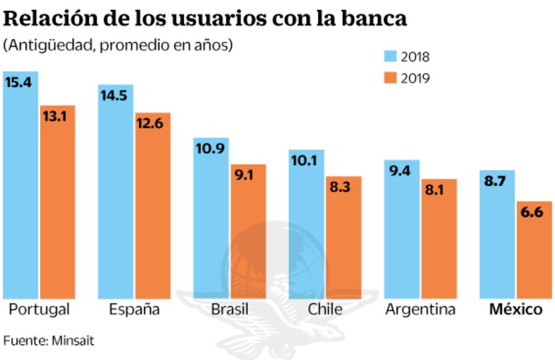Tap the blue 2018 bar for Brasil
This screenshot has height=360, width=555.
(x=211, y=221)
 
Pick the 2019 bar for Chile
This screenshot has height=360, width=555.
(x=343, y=238)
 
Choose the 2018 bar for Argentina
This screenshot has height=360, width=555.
(x=402, y=232)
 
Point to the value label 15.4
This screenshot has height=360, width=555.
(x=18, y=82)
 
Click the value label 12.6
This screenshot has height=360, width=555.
(x=150, y=123)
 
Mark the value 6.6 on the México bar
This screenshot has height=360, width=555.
(x=532, y=212)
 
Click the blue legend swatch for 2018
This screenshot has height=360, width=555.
(x=389, y=56)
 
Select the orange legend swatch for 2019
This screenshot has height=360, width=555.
(x=389, y=78)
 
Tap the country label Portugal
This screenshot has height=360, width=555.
(x=39, y=309)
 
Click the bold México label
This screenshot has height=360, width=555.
(x=515, y=309)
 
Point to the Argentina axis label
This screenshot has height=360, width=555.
(x=420, y=309)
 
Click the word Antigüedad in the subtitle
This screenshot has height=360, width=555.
(x=48, y=45)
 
